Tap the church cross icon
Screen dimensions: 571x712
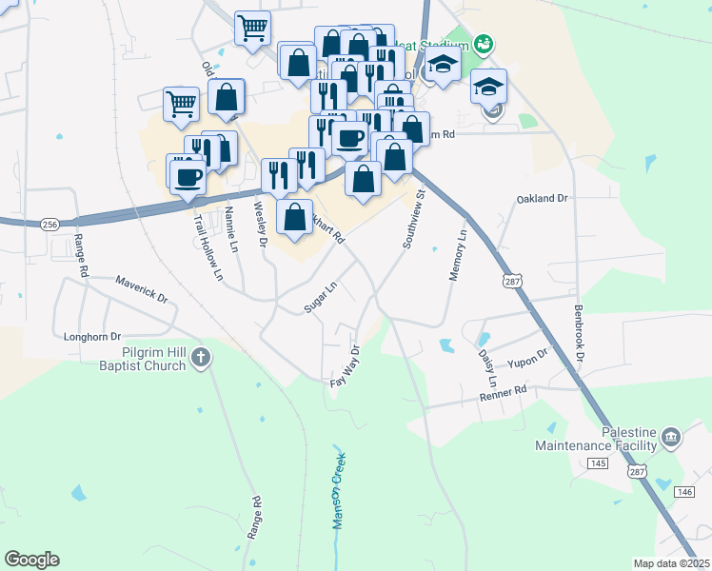click(200, 358)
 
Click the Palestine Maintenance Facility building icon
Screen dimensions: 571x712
click(671, 438)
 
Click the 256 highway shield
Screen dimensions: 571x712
click(50, 225)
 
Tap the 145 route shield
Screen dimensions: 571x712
click(598, 463)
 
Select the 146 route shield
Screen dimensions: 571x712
click(685, 492)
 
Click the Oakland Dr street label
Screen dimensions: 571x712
click(542, 199)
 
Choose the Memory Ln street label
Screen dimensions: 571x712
click(457, 254)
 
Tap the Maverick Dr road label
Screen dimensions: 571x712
click(142, 288)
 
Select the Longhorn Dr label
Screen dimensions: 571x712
click(92, 336)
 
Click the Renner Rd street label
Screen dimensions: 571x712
click(503, 391)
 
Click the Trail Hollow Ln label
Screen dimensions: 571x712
click(208, 245)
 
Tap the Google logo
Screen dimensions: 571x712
click(31, 560)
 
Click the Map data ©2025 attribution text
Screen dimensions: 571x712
click(670, 563)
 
